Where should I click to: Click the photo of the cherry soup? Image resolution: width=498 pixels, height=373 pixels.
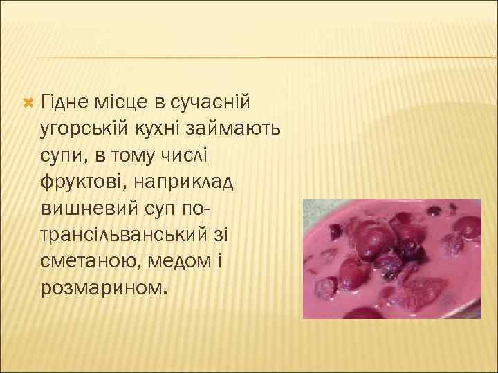(392, 258)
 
